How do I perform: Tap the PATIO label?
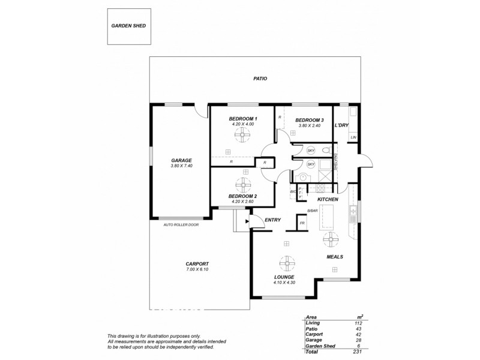point(260,79)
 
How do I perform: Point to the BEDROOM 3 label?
point(310,120)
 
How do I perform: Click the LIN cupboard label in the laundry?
point(353,138)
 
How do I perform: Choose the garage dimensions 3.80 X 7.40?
point(181,167)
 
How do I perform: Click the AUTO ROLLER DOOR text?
point(181,225)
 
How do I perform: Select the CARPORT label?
point(197,264)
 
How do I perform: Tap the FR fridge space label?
point(302,223)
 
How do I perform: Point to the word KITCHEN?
point(328,199)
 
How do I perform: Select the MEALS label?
point(334,257)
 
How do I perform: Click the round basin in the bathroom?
point(303,177)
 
